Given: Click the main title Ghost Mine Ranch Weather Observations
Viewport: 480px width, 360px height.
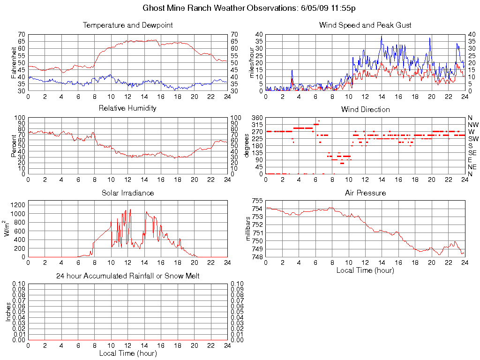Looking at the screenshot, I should (252, 8).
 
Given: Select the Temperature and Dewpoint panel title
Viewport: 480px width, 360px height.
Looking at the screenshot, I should (127, 25).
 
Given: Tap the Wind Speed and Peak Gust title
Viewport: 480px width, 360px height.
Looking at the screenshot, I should (365, 25).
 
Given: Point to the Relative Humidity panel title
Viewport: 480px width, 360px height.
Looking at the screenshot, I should (127, 108).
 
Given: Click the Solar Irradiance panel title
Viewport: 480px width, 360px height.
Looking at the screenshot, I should (127, 193).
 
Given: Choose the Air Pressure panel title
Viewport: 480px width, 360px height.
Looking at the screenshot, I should (365, 193).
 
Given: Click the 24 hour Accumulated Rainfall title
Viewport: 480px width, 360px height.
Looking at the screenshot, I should (127, 276).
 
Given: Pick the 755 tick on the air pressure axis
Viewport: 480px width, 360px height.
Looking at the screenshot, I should (257, 201).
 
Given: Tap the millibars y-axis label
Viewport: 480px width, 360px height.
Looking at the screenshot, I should (248, 228).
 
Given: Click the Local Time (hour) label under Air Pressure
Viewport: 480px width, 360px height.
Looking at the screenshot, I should (365, 270).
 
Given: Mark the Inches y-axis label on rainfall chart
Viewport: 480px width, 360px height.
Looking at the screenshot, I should (8, 312).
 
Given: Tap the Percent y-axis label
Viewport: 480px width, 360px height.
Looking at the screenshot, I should (14, 146).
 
